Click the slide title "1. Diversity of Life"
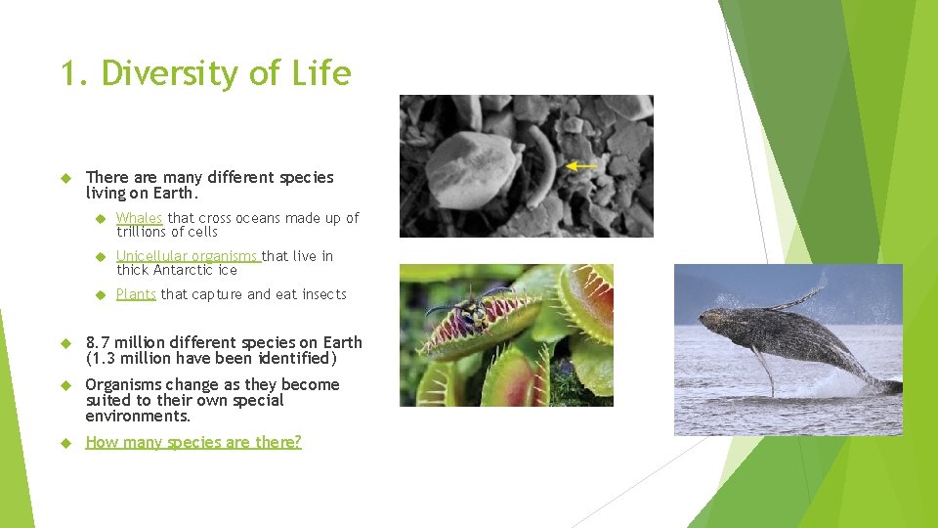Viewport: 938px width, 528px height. pos(205,73)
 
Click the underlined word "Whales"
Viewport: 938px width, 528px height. pos(139,218)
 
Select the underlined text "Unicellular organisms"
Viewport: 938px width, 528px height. pos(188,256)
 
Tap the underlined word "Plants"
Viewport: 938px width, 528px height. pos(136,294)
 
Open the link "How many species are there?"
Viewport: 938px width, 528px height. pos(193,442)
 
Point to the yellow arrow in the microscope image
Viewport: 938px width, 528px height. pos(582,166)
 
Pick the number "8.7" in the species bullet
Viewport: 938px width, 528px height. pos(99,342)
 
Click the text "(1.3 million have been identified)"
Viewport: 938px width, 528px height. pos(211,358)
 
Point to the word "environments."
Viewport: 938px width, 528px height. pos(137,416)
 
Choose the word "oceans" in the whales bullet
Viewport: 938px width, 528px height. pos(257,218)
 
